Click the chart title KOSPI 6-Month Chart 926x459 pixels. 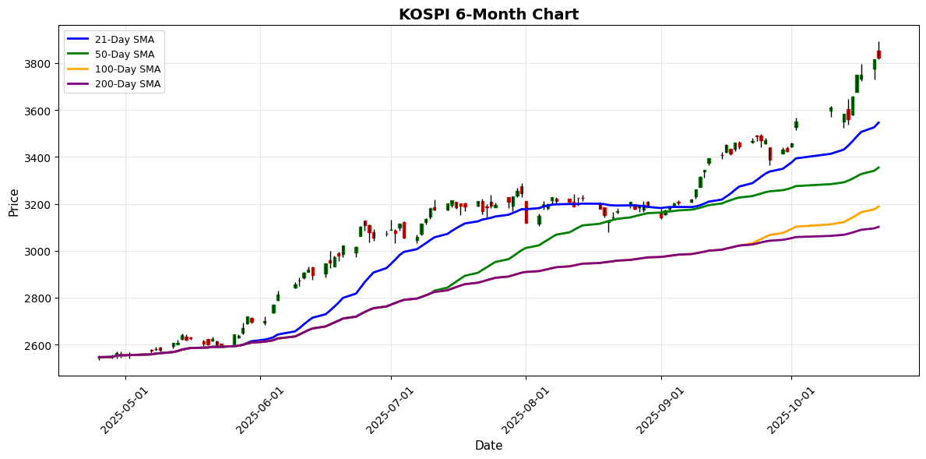[x=488, y=15]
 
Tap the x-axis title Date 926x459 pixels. [x=488, y=446]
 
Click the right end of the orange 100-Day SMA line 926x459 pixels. [x=878, y=207]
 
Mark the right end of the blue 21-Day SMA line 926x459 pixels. [x=878, y=122]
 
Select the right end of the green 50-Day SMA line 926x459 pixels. [x=878, y=168]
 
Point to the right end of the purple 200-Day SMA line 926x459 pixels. [x=878, y=227]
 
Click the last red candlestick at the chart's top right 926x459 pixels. [x=878, y=55]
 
